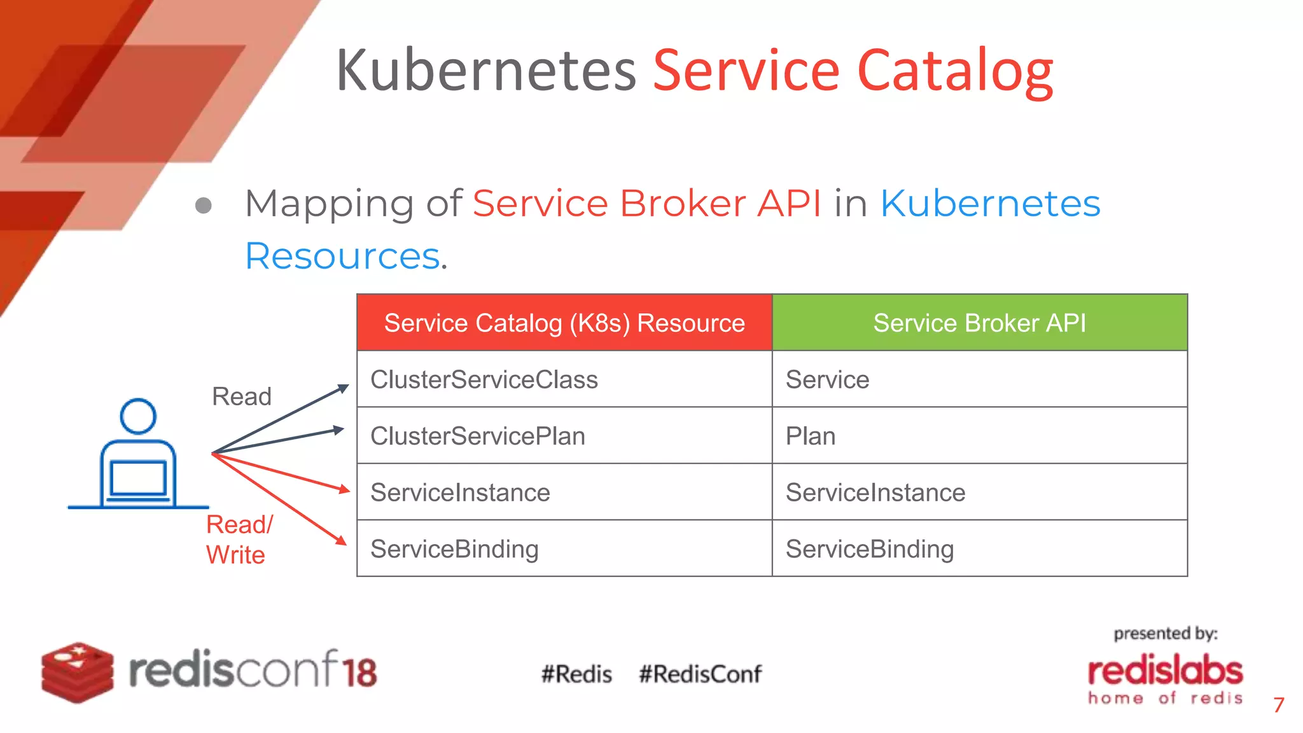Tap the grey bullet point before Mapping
point(203,206)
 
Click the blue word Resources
point(342,256)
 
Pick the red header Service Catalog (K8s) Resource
point(564,323)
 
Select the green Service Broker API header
point(979,323)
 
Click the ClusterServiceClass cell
point(484,380)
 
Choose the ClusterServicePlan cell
point(478,436)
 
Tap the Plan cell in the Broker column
point(811,436)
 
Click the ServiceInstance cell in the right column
point(875,492)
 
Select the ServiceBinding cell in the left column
point(454,549)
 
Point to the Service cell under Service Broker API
point(827,380)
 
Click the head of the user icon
point(138,416)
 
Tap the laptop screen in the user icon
point(138,478)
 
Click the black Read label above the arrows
point(241,396)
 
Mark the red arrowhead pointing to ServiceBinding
point(342,541)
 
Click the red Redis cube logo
point(77,672)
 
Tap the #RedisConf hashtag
point(700,674)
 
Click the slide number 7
point(1278,705)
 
